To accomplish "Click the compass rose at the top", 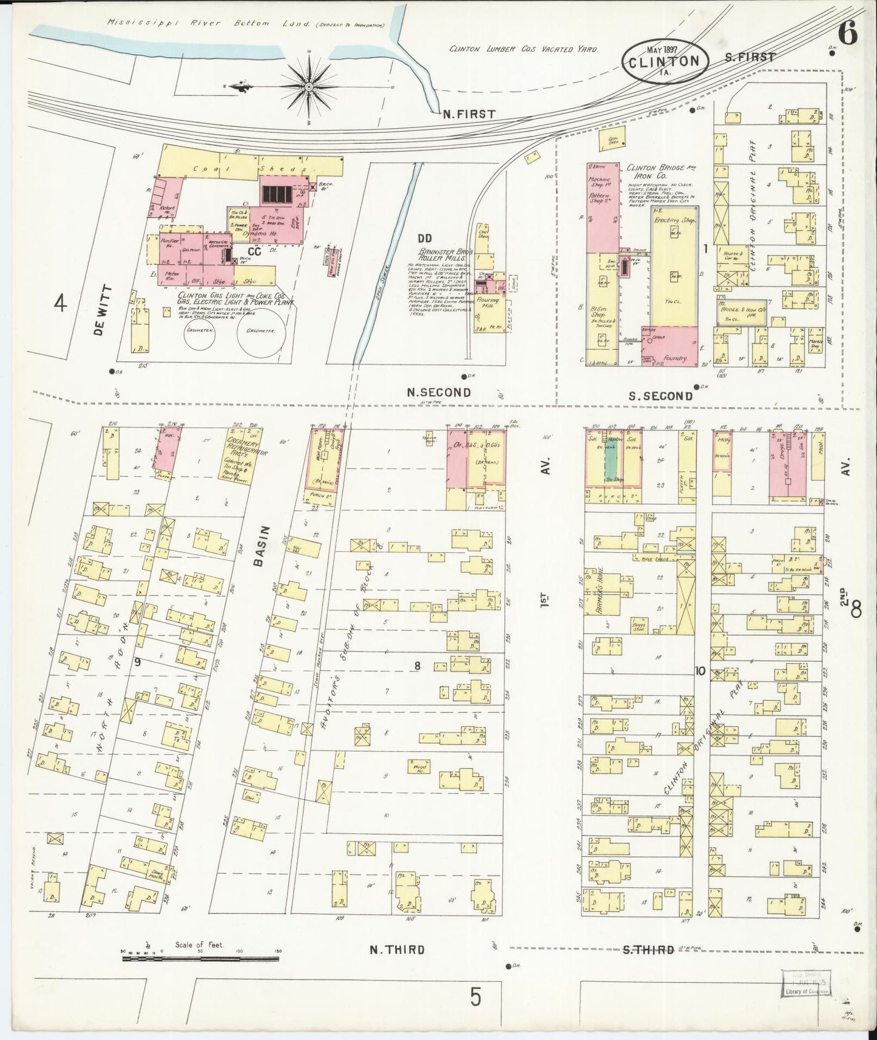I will click(310, 87).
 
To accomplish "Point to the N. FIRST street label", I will click(469, 113).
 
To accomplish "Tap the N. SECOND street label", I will click(438, 393).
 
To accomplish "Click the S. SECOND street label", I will click(660, 396).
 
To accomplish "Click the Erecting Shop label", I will click(673, 220).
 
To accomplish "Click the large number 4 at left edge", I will click(59, 302).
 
